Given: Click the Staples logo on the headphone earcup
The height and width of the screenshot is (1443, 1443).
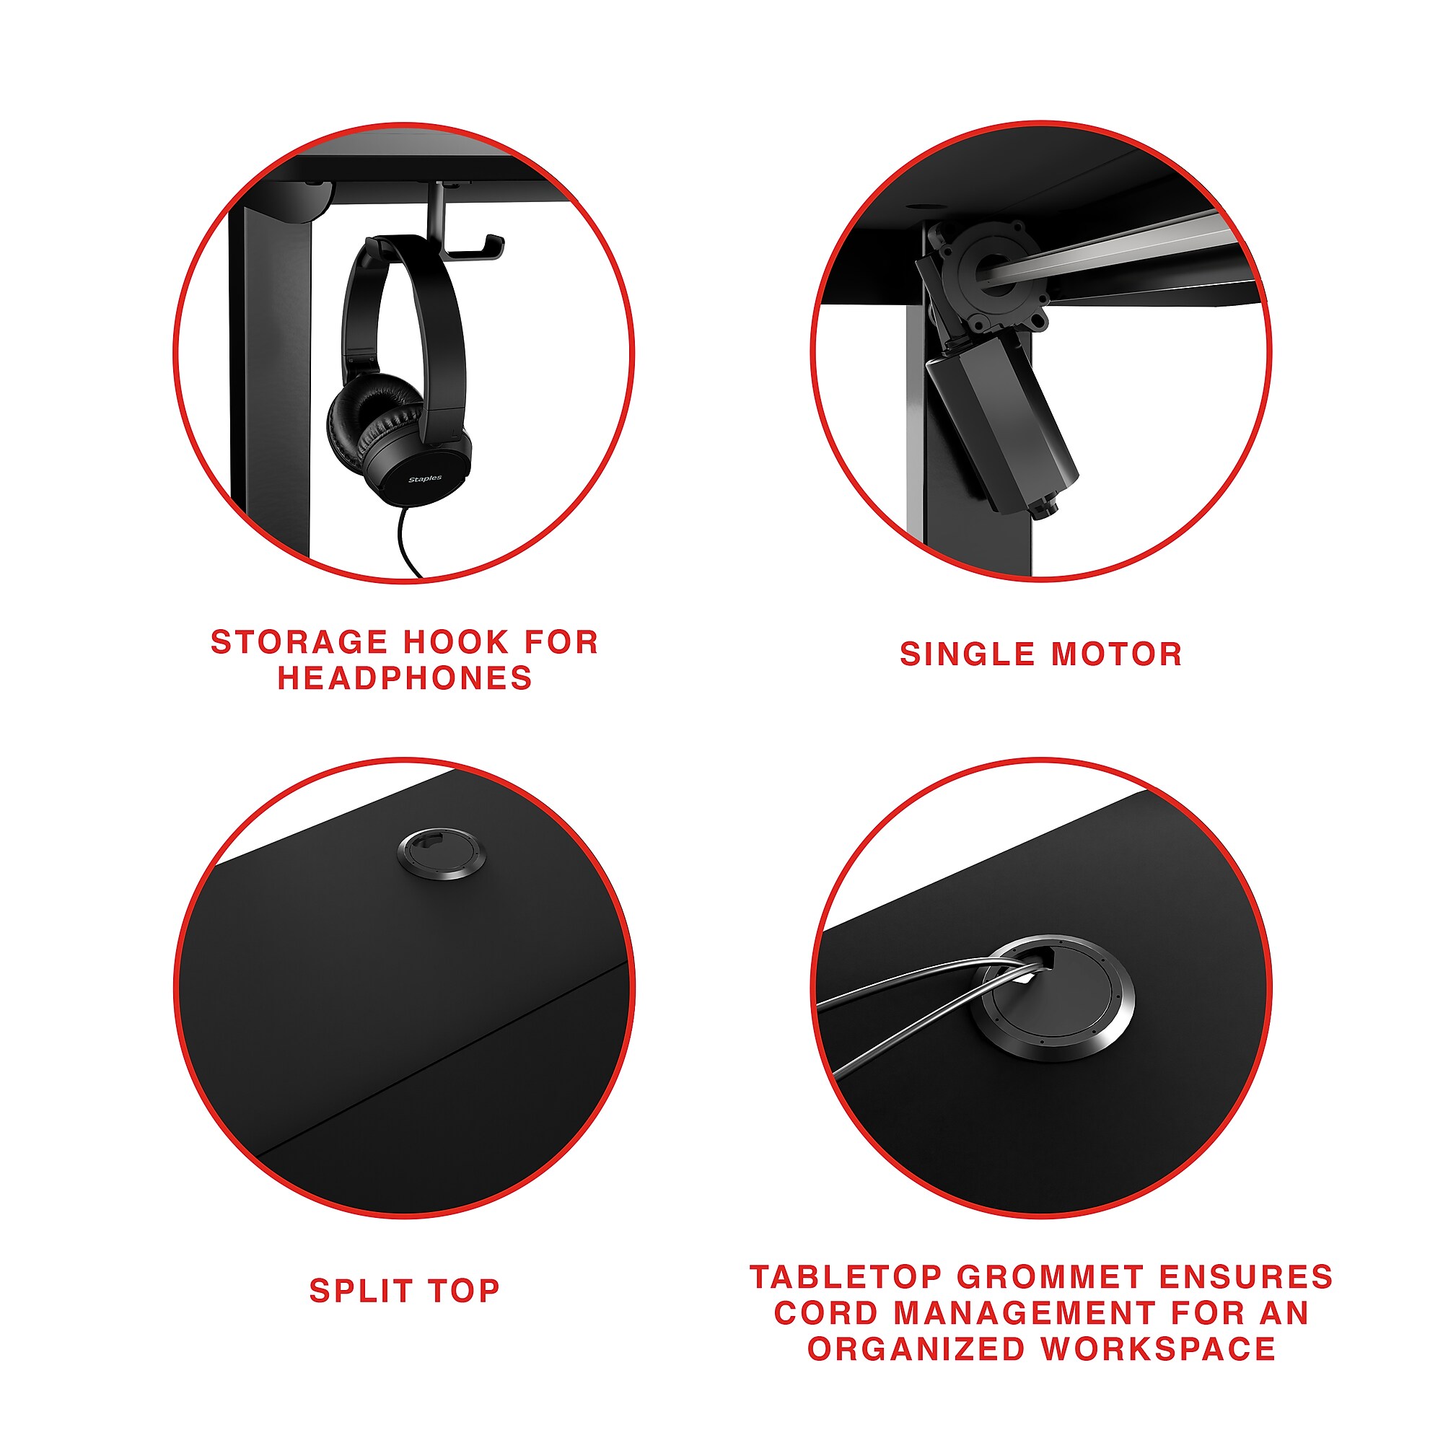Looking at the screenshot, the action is point(425,479).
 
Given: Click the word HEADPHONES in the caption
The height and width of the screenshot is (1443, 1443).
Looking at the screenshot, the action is point(405,678).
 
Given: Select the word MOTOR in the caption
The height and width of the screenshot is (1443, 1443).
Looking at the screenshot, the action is point(1118,654).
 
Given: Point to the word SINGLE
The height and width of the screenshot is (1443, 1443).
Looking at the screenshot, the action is point(968,654).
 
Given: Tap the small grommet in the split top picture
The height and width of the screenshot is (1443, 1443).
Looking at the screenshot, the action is point(441,853).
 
